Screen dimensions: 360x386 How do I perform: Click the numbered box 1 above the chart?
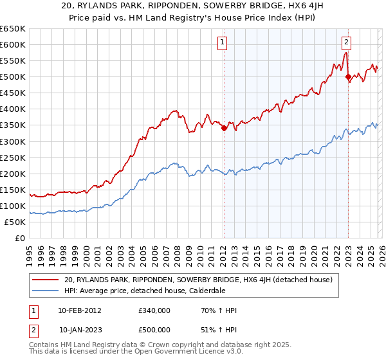[222, 43]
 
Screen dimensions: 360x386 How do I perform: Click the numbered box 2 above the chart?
[346, 43]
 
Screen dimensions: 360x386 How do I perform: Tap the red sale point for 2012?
[224, 128]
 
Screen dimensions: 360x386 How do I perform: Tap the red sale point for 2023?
[348, 77]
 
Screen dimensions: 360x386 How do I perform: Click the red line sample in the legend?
[46, 280]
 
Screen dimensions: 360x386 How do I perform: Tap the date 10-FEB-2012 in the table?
[79, 310]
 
